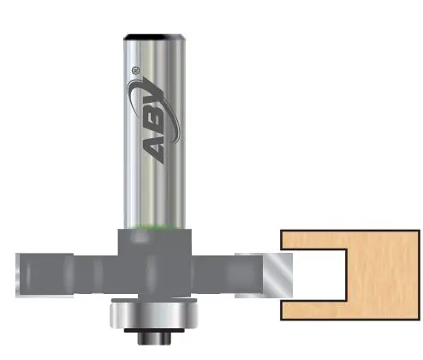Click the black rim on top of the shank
[x=155, y=36]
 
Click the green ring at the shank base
[x=155, y=225]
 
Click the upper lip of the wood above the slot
[x=317, y=240]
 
